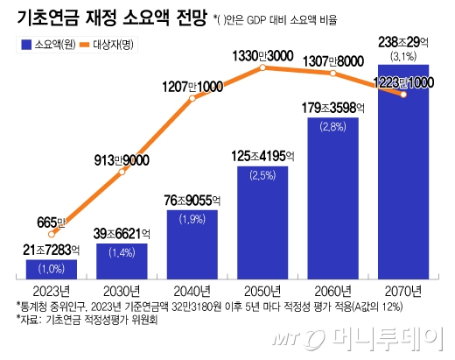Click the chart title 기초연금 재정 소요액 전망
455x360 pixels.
click(x=104, y=18)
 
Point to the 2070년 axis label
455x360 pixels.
click(x=403, y=291)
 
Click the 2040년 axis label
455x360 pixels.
click(x=192, y=291)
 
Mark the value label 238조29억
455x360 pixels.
click(x=402, y=41)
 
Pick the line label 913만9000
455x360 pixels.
click(x=122, y=159)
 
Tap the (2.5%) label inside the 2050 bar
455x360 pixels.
click(x=263, y=176)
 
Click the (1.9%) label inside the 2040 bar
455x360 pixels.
click(x=192, y=220)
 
